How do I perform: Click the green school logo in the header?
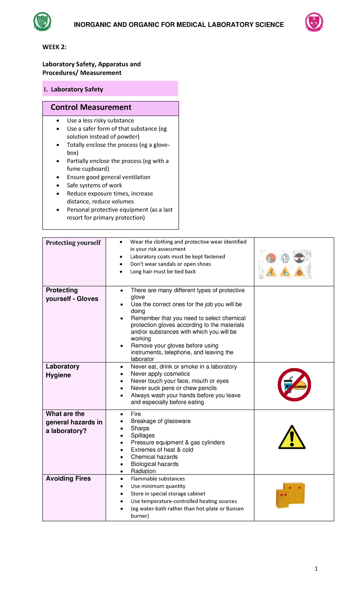click(x=42, y=22)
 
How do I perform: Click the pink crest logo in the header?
click(x=314, y=22)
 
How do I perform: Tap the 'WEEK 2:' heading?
click(x=54, y=47)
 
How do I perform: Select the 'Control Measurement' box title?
click(x=91, y=107)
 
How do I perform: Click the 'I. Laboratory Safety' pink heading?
click(x=77, y=89)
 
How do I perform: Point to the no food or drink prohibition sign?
click(x=294, y=385)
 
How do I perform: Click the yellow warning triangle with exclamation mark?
click(x=292, y=438)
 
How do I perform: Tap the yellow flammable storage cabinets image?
click(x=290, y=495)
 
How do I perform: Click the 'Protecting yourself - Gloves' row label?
click(x=72, y=294)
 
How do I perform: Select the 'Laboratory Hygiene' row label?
click(x=62, y=371)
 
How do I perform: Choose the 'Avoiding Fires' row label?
click(x=68, y=478)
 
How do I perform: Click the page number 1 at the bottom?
click(x=316, y=569)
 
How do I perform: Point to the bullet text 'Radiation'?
click(x=143, y=471)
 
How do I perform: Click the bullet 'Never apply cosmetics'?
click(x=160, y=374)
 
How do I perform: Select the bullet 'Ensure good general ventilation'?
click(x=109, y=177)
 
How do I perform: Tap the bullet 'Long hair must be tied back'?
click(x=163, y=272)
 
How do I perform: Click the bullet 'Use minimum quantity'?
click(x=158, y=486)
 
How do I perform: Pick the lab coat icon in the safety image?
click(x=285, y=258)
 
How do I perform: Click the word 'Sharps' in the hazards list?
click(x=140, y=428)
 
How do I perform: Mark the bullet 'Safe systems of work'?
click(x=94, y=185)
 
